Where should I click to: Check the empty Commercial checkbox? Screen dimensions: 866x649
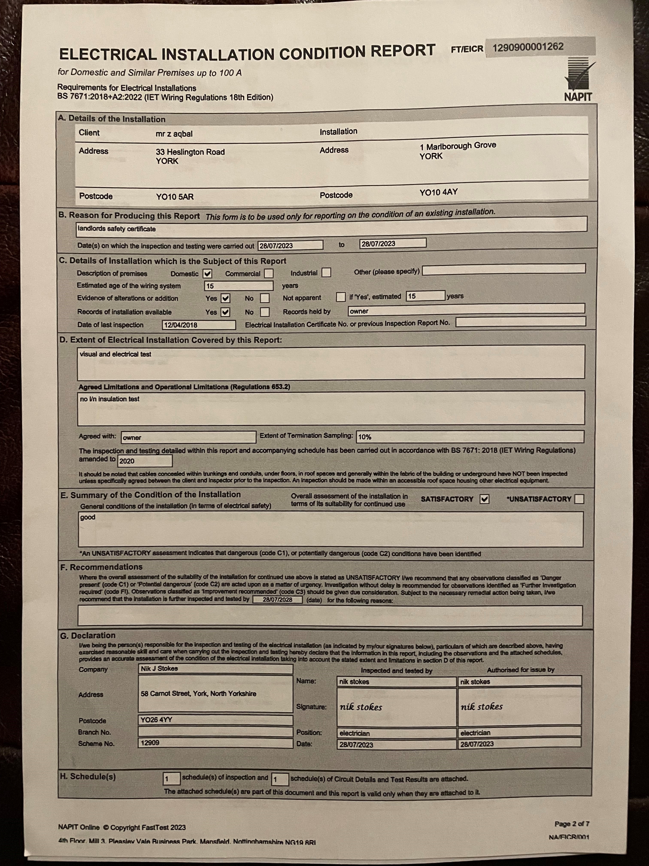269,273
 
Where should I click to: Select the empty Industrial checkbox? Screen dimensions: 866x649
326,273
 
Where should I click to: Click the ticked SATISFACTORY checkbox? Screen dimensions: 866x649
484,499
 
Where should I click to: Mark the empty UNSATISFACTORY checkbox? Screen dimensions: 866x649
579,499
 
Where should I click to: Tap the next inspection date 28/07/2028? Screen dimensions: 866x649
277,600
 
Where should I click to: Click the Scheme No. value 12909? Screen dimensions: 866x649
150,743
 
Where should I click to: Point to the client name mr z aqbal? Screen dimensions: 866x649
174,134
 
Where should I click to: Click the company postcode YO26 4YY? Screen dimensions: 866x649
156,720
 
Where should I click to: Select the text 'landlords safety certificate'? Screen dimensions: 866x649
117,229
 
